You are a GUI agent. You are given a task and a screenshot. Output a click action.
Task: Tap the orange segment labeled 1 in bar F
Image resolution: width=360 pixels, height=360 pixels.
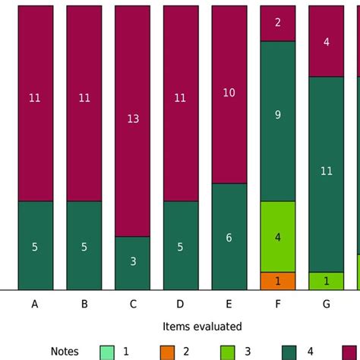pos(278,281)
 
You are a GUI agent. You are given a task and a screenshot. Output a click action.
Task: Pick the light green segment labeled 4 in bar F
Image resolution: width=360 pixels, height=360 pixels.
pos(278,236)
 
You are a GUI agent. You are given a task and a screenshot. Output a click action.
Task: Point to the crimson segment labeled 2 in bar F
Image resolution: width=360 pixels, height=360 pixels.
pos(278,23)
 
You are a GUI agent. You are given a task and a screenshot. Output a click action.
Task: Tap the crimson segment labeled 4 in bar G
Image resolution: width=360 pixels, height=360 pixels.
pos(327,41)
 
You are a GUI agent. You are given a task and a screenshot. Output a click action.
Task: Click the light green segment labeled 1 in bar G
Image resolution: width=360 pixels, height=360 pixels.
pos(327,281)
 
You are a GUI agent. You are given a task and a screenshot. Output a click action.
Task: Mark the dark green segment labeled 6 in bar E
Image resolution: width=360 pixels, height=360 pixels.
pos(229,236)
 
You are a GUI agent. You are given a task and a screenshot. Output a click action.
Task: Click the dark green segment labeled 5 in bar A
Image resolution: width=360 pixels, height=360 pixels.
pos(35,245)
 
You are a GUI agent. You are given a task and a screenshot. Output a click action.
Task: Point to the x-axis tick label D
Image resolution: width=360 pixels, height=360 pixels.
pos(181,305)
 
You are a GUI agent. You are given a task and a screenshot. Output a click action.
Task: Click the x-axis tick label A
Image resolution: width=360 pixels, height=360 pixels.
pos(35,305)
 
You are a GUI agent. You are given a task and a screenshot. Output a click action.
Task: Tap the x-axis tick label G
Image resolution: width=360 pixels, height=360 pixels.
pos(327,305)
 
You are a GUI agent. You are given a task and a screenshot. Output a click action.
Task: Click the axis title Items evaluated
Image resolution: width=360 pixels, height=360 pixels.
pos(202,327)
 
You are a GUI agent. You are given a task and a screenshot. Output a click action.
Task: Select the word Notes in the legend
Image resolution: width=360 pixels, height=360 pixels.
pos(65,352)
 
